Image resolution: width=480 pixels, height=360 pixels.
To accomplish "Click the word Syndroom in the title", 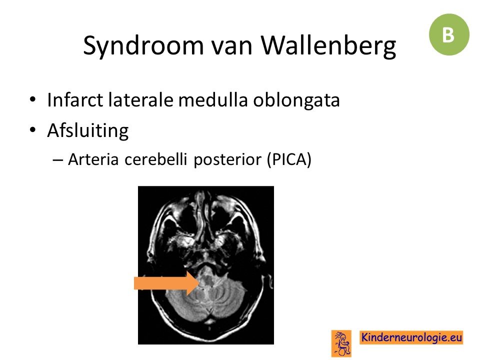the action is tap(143, 46).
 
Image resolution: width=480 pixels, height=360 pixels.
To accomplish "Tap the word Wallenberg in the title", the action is tap(328, 46).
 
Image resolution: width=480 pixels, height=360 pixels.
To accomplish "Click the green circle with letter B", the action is tap(449, 34).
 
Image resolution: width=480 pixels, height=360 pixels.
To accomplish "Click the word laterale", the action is tap(140, 100).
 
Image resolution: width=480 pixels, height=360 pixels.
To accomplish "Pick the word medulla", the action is tap(213, 100).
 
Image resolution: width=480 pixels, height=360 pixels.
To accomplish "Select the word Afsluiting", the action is tap(88, 131).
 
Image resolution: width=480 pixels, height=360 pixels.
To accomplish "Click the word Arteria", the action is tap(93, 159).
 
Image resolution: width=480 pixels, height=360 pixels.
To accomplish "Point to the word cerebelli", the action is tap(155, 159).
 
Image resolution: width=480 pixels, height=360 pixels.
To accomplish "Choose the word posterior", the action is tap(227, 160).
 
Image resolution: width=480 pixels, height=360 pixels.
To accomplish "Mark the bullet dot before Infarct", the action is tap(33, 99).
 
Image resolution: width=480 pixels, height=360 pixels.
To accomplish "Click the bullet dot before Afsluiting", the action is tap(33, 129).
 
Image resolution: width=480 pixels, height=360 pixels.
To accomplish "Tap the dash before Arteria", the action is tap(57, 160).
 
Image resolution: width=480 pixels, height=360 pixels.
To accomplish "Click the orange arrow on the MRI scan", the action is tap(167, 283).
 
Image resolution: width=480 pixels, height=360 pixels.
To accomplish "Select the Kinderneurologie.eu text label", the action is tap(411, 337).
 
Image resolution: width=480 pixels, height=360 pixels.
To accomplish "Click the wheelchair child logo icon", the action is tap(341, 343).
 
